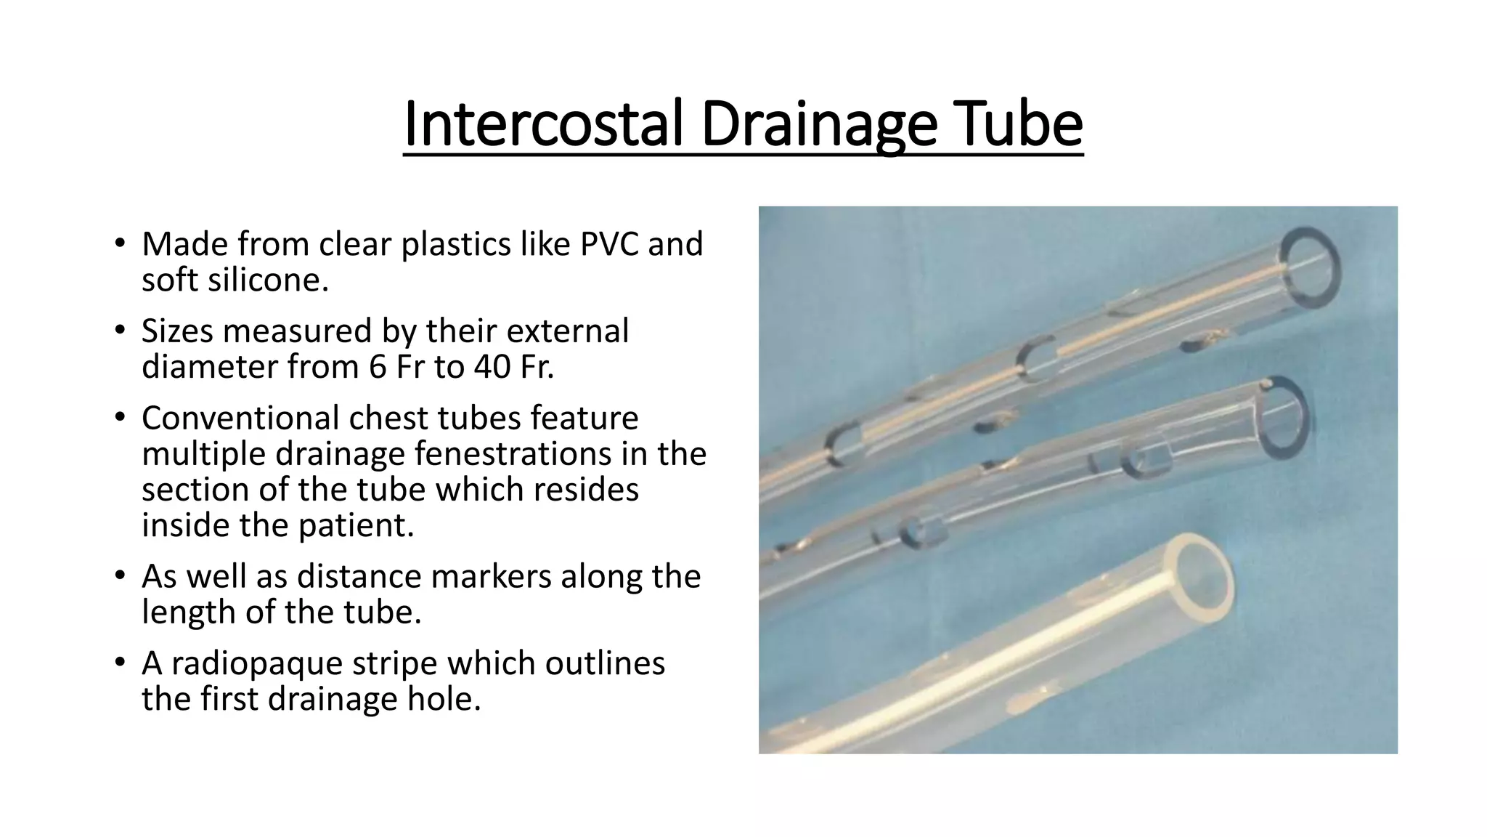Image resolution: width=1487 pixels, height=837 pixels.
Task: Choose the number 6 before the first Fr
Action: click(378, 366)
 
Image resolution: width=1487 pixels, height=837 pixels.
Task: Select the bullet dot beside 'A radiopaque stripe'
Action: click(120, 663)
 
